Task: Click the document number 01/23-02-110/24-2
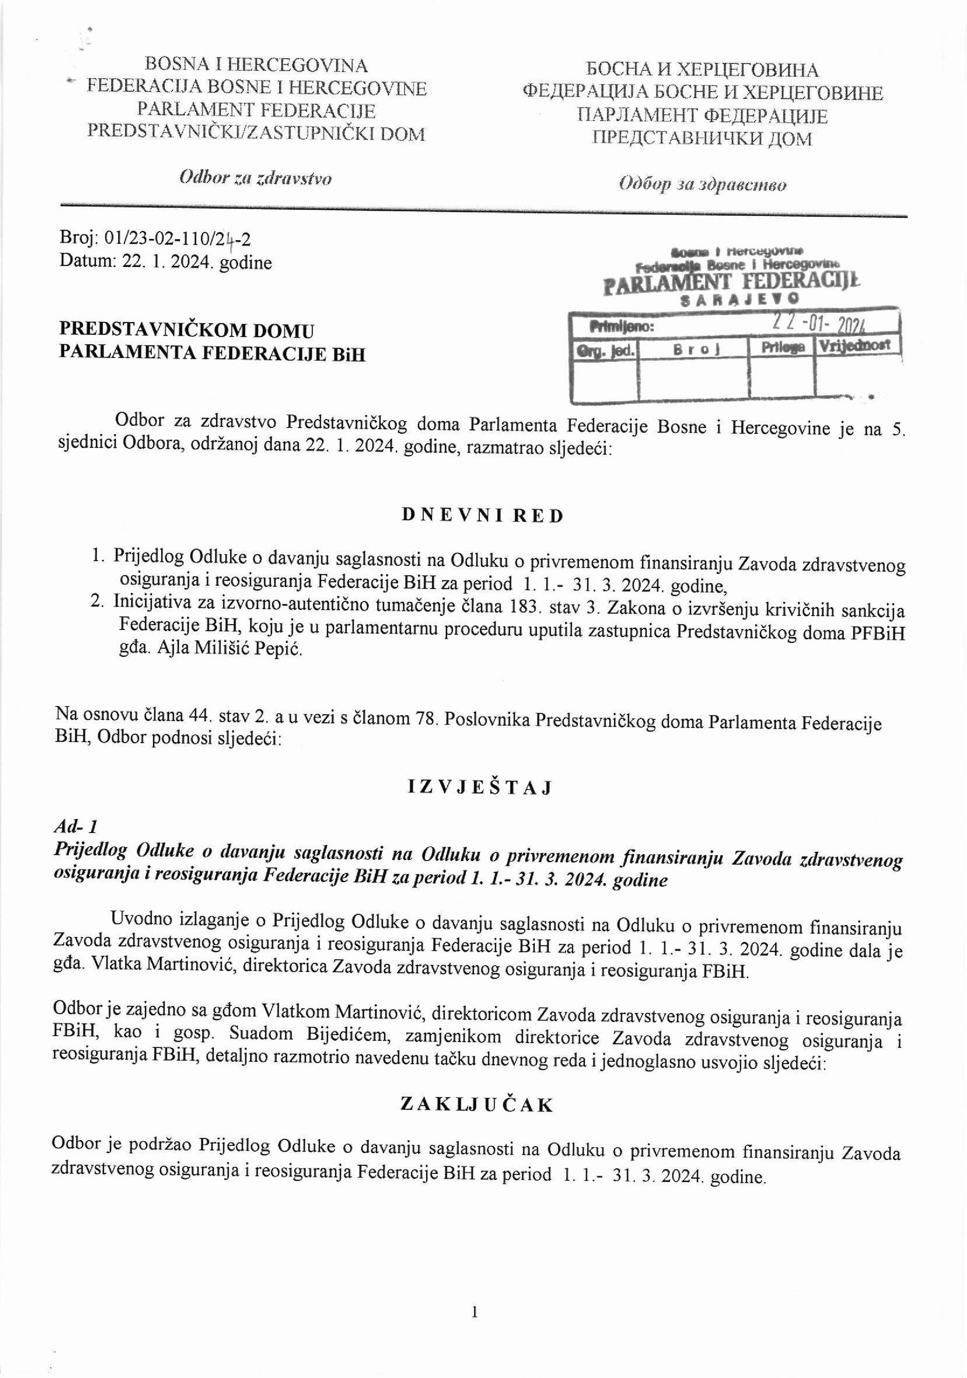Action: (178, 240)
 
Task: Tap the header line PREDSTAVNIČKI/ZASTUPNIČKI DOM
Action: (256, 133)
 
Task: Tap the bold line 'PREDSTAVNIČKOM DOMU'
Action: (187, 331)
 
